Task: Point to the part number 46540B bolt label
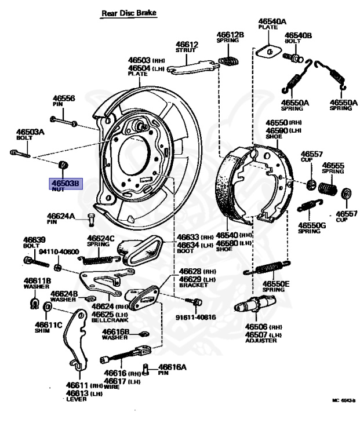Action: tap(298, 35)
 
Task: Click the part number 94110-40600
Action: tap(57, 251)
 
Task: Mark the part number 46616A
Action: tap(173, 367)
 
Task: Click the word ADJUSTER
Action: tap(259, 341)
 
